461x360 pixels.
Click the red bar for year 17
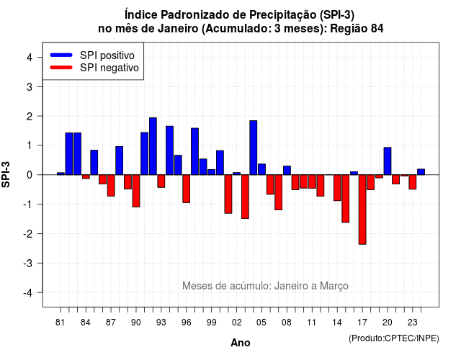[x=362, y=210]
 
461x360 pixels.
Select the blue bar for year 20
[x=388, y=161]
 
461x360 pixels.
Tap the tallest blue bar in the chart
[x=153, y=146]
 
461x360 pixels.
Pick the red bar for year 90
[x=136, y=191]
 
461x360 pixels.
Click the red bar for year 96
[x=186, y=189]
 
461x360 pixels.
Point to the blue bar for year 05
[x=261, y=169]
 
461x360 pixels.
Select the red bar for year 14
[x=337, y=188]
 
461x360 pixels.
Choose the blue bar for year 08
[x=287, y=171]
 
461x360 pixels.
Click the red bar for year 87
[x=111, y=186]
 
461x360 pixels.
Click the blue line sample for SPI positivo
[x=61, y=55]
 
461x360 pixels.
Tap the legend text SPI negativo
[x=109, y=68]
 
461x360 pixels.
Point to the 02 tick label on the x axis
[x=237, y=323]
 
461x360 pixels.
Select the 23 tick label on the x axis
[x=413, y=323]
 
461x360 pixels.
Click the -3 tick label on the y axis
[x=29, y=263]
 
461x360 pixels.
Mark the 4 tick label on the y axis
[x=30, y=58]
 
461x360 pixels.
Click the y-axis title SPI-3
[x=6, y=174]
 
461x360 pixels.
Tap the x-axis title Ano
[x=241, y=343]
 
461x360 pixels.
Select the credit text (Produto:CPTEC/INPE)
[x=394, y=338]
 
